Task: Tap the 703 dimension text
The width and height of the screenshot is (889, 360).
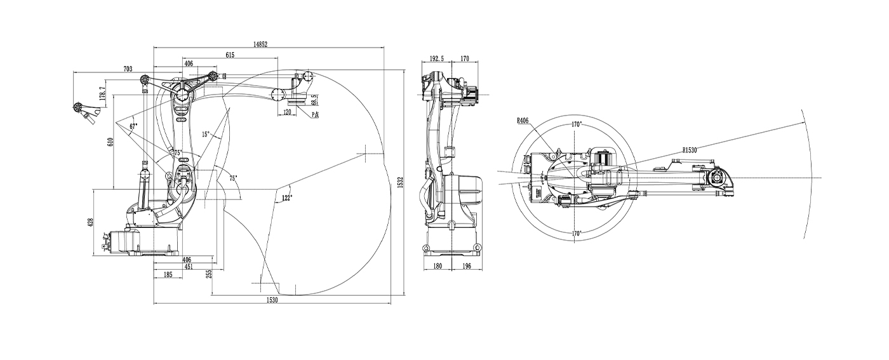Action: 128,69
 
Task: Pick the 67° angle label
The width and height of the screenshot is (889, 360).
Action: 133,126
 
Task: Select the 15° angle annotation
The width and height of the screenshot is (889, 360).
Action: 205,134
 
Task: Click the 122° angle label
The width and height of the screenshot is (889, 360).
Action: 286,198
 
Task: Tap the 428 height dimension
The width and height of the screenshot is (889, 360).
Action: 90,222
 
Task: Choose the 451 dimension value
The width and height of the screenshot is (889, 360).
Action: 189,267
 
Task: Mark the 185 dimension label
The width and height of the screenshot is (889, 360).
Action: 168,275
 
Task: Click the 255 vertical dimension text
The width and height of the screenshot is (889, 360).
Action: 209,274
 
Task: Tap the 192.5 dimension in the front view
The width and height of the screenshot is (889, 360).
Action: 437,58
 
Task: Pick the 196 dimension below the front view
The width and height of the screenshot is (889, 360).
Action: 466,266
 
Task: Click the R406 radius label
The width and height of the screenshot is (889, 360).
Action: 523,120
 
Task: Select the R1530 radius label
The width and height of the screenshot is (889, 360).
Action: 690,150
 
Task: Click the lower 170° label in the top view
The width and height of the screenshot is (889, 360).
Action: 577,232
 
